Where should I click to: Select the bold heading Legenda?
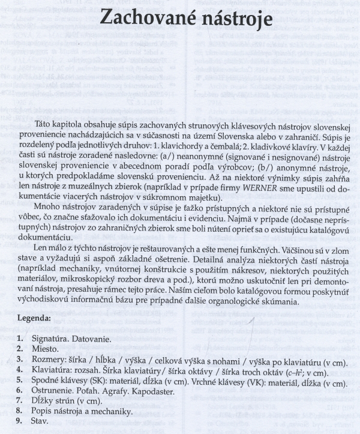click(35, 318)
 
